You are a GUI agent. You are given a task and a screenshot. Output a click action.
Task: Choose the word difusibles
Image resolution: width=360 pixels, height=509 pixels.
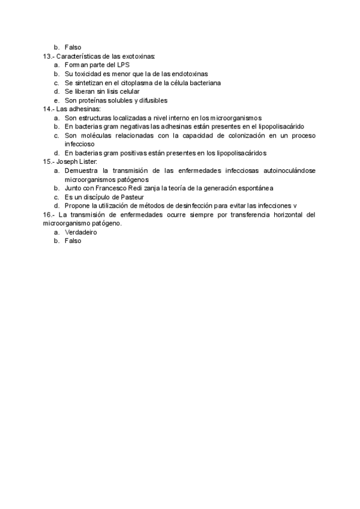(x=149, y=100)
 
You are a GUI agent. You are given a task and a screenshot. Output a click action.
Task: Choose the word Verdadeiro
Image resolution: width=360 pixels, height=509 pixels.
(x=80, y=232)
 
